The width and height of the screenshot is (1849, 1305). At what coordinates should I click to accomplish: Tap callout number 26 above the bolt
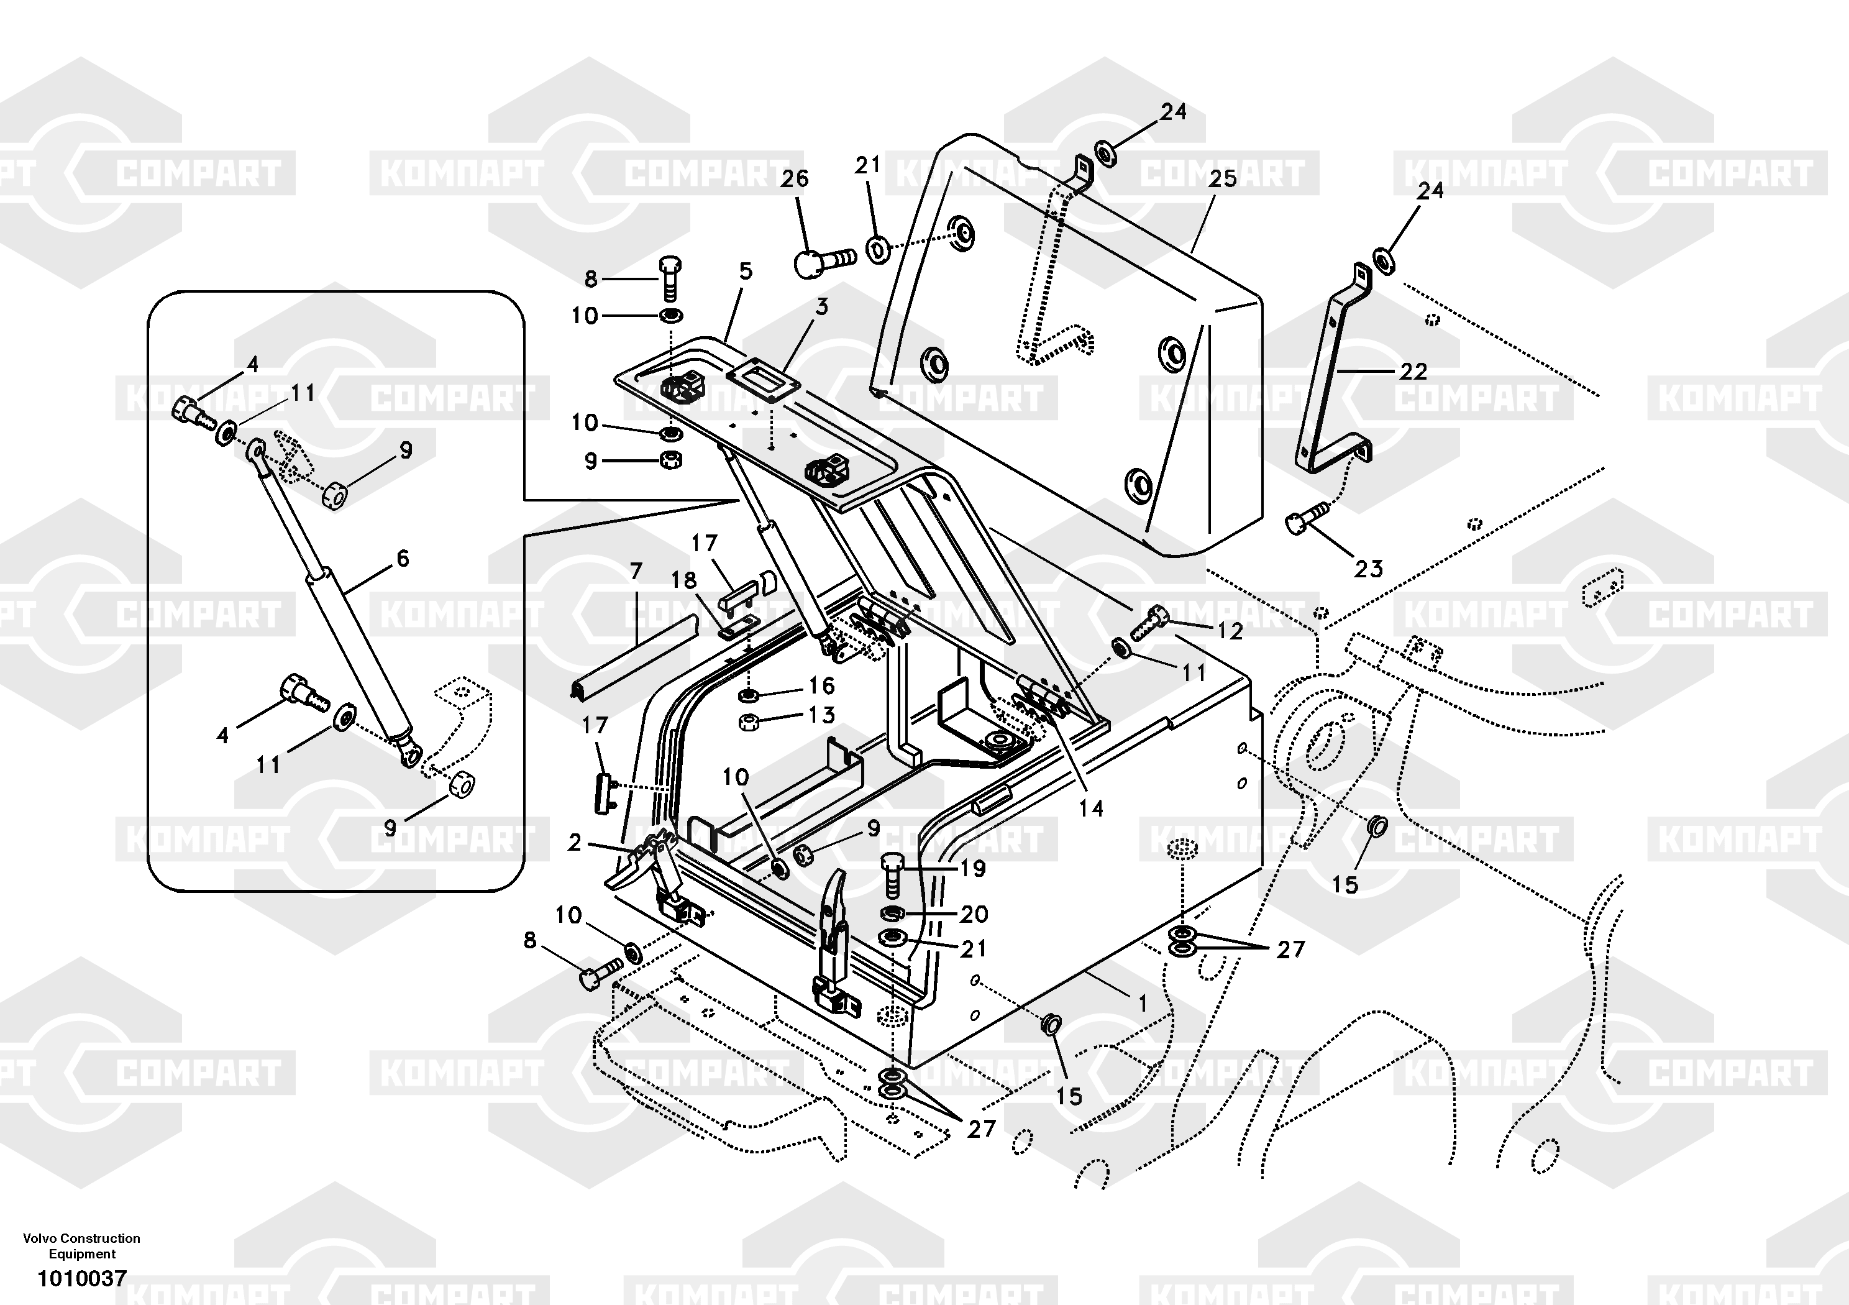click(x=794, y=179)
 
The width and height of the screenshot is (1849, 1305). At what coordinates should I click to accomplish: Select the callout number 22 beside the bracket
click(x=1413, y=372)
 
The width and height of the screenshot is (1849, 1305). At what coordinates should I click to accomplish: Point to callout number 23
click(x=1368, y=569)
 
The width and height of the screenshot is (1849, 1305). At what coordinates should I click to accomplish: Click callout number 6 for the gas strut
click(x=403, y=557)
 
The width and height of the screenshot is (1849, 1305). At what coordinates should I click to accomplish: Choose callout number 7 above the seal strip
click(x=636, y=572)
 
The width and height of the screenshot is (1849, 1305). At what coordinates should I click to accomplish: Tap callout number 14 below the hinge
click(x=1090, y=808)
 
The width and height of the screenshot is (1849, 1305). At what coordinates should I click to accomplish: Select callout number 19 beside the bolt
click(x=973, y=868)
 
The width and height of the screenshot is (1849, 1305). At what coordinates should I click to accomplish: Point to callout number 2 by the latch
click(x=574, y=843)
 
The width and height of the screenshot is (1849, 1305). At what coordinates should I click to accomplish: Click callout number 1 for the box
click(x=1142, y=1003)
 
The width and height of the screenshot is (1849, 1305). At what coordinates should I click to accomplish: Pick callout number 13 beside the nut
click(x=821, y=715)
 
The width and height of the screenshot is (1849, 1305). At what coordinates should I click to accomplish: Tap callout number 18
click(x=683, y=580)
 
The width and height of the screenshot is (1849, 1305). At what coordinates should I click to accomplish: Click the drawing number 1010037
click(x=82, y=1278)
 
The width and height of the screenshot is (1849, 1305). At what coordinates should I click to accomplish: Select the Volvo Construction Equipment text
click(x=82, y=1245)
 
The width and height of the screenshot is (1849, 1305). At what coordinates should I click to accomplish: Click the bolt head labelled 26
click(x=808, y=263)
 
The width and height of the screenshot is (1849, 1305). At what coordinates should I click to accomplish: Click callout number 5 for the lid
click(x=746, y=272)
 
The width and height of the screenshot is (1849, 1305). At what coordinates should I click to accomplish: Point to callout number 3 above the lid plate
click(x=821, y=307)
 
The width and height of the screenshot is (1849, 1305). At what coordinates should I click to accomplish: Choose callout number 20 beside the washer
click(x=974, y=914)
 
